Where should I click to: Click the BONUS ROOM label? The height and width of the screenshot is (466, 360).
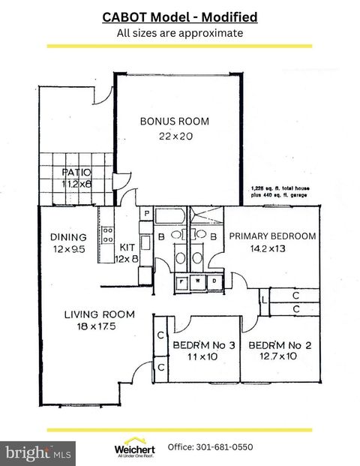point(175,121)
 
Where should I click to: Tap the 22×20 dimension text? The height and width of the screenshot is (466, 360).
point(175,136)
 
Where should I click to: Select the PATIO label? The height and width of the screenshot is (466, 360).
point(76,172)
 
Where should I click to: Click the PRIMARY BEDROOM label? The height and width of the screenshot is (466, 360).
point(272,236)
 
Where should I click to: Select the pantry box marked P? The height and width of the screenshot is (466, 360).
point(147,214)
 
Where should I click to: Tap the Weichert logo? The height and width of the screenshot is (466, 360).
point(134,447)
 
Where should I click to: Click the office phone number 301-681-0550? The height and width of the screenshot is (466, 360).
point(210,447)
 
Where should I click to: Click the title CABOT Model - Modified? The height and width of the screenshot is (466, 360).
point(179,17)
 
